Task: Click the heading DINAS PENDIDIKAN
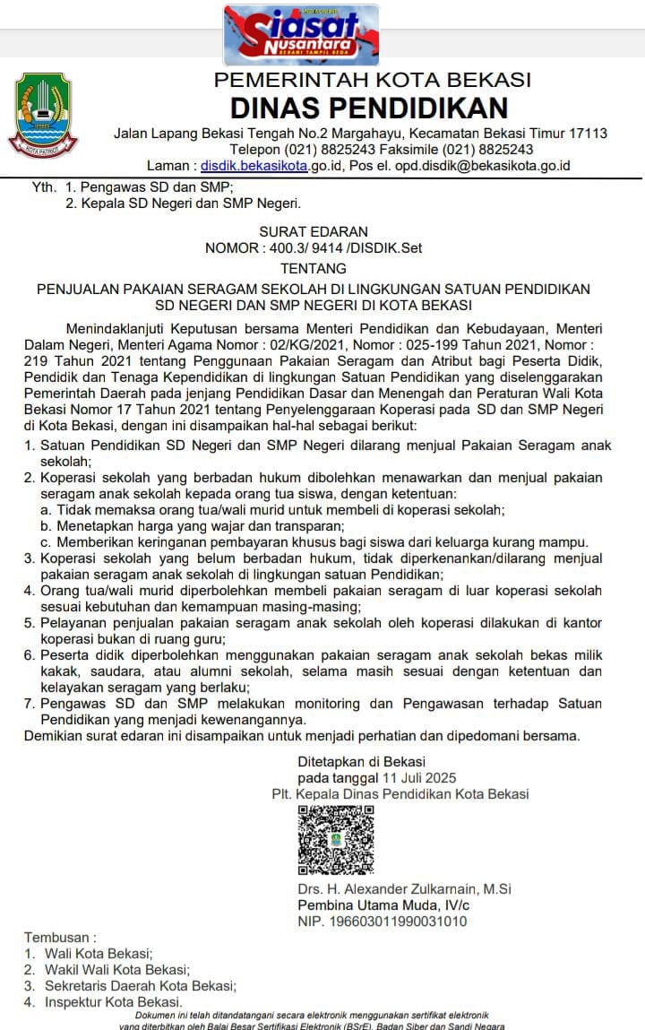[x=369, y=108]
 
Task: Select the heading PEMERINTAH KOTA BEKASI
[x=372, y=81]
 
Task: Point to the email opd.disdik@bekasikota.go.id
[x=469, y=166]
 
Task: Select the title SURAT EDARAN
[x=314, y=231]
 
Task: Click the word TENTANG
[x=313, y=268]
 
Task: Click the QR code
[x=336, y=839]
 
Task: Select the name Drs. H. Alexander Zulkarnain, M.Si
[x=404, y=889]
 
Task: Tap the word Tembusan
[x=58, y=937]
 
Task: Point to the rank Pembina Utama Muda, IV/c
[x=383, y=905]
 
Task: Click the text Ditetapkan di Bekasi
[x=361, y=761]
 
